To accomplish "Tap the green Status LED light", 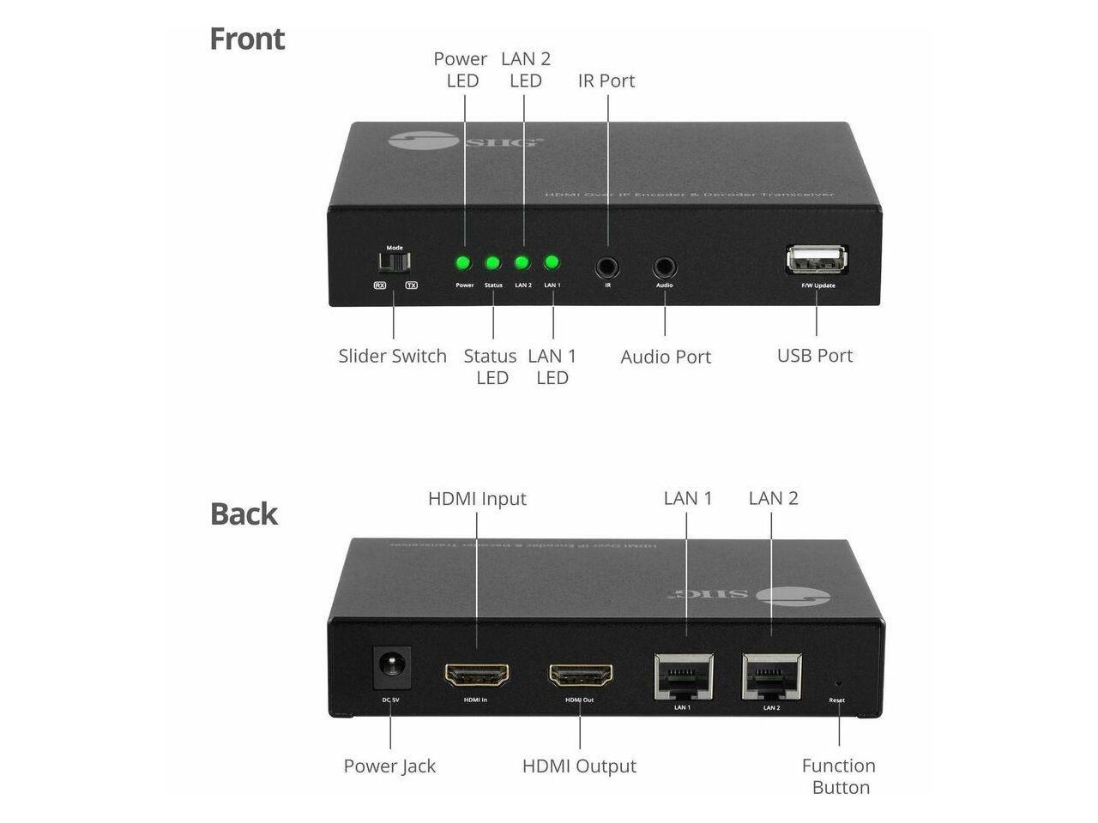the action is click(x=493, y=263).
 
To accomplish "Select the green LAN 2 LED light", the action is click(x=522, y=263).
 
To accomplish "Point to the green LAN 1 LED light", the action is click(x=552, y=263).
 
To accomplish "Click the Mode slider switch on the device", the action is click(x=395, y=261).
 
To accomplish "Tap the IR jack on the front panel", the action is click(x=607, y=267).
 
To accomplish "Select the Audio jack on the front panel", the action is click(x=665, y=267).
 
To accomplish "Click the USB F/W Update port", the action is click(x=817, y=260).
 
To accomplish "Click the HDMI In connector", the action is click(x=477, y=675).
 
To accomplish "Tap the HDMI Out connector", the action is click(x=581, y=675).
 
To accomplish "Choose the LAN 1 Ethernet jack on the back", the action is click(x=683, y=676).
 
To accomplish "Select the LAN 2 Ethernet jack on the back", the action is click(x=771, y=676).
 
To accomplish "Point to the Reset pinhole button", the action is click(x=838, y=684).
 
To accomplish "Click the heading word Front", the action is click(x=247, y=39).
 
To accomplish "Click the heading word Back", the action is click(x=244, y=514).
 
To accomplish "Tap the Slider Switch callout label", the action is click(x=392, y=356).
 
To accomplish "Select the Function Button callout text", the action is click(x=839, y=776).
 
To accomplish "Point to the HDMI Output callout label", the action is click(x=579, y=766).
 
